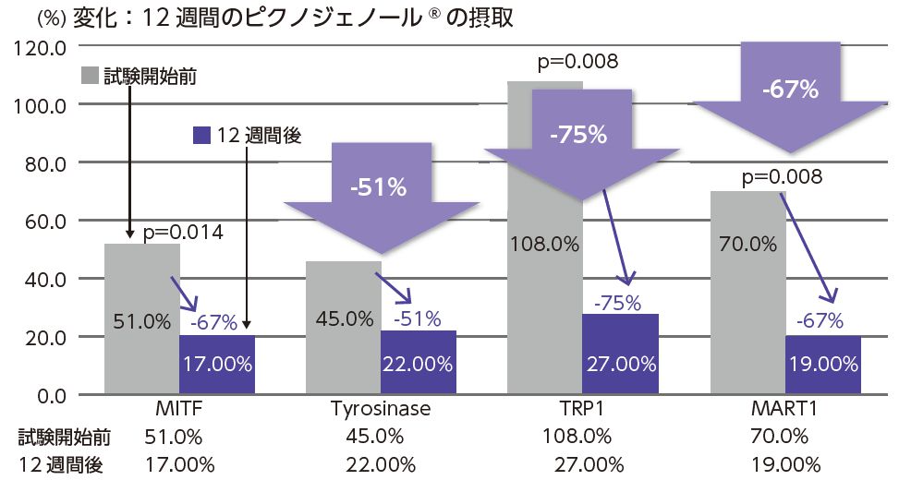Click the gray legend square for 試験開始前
pyautogui.click(x=90, y=76)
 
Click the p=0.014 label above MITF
pyautogui.click(x=182, y=233)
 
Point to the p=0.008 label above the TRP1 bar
pyautogui.click(x=578, y=63)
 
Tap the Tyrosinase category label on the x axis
pyautogui.click(x=380, y=410)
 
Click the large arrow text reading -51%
pyautogui.click(x=379, y=187)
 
